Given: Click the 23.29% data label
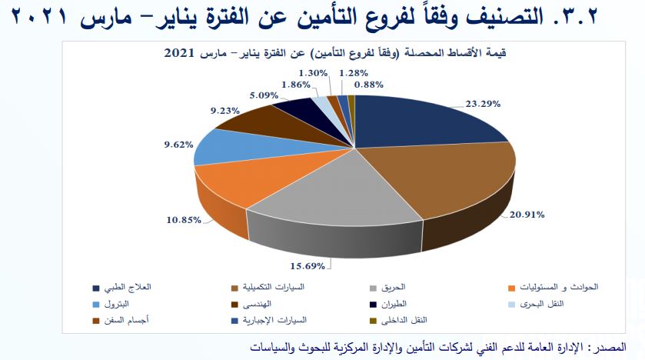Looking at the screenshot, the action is [x=483, y=104].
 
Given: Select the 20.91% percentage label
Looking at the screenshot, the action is [x=527, y=215].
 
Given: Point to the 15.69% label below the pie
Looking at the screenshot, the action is [x=308, y=266].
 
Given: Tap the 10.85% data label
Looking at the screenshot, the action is [x=184, y=220].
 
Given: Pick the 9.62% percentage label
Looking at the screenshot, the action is [x=178, y=145].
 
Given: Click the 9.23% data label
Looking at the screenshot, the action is [x=225, y=111].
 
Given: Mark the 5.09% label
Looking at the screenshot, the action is [x=264, y=95].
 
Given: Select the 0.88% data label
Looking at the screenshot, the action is [x=368, y=85].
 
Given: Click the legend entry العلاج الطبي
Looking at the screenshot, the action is [x=122, y=287].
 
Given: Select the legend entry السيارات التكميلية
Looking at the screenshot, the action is [x=268, y=287].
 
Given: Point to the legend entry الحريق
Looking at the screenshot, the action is [x=388, y=287].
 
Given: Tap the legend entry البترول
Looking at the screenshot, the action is [x=111, y=304].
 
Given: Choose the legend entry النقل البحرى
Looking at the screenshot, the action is [x=537, y=304].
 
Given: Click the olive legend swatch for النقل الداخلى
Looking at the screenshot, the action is [x=374, y=321].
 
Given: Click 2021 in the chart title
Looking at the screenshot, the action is [x=179, y=53].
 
